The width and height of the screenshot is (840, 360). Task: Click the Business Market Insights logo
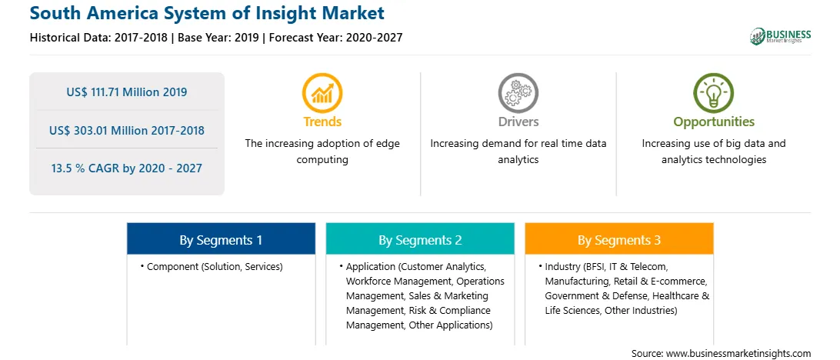pyautogui.click(x=780, y=36)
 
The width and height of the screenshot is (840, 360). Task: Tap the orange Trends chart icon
pyautogui.click(x=322, y=92)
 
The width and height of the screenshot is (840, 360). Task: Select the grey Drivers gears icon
pyautogui.click(x=518, y=92)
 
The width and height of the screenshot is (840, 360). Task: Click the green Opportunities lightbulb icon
pyautogui.click(x=714, y=92)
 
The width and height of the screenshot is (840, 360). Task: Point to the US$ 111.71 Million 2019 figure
pyautogui.click(x=126, y=92)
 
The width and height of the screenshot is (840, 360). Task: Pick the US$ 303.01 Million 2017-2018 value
pyautogui.click(x=126, y=130)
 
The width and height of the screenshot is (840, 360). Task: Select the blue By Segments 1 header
pyautogui.click(x=221, y=238)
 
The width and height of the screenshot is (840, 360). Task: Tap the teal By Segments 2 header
pyautogui.click(x=420, y=238)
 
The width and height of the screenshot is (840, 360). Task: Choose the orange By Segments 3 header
pyautogui.click(x=619, y=238)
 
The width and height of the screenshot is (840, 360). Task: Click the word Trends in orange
pyautogui.click(x=322, y=122)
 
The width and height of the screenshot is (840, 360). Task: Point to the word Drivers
pyautogui.click(x=518, y=122)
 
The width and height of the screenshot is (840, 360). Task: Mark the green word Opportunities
pyautogui.click(x=714, y=122)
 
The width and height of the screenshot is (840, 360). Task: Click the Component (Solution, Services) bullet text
pyautogui.click(x=215, y=266)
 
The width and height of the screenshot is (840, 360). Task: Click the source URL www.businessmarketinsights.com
pyautogui.click(x=737, y=353)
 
